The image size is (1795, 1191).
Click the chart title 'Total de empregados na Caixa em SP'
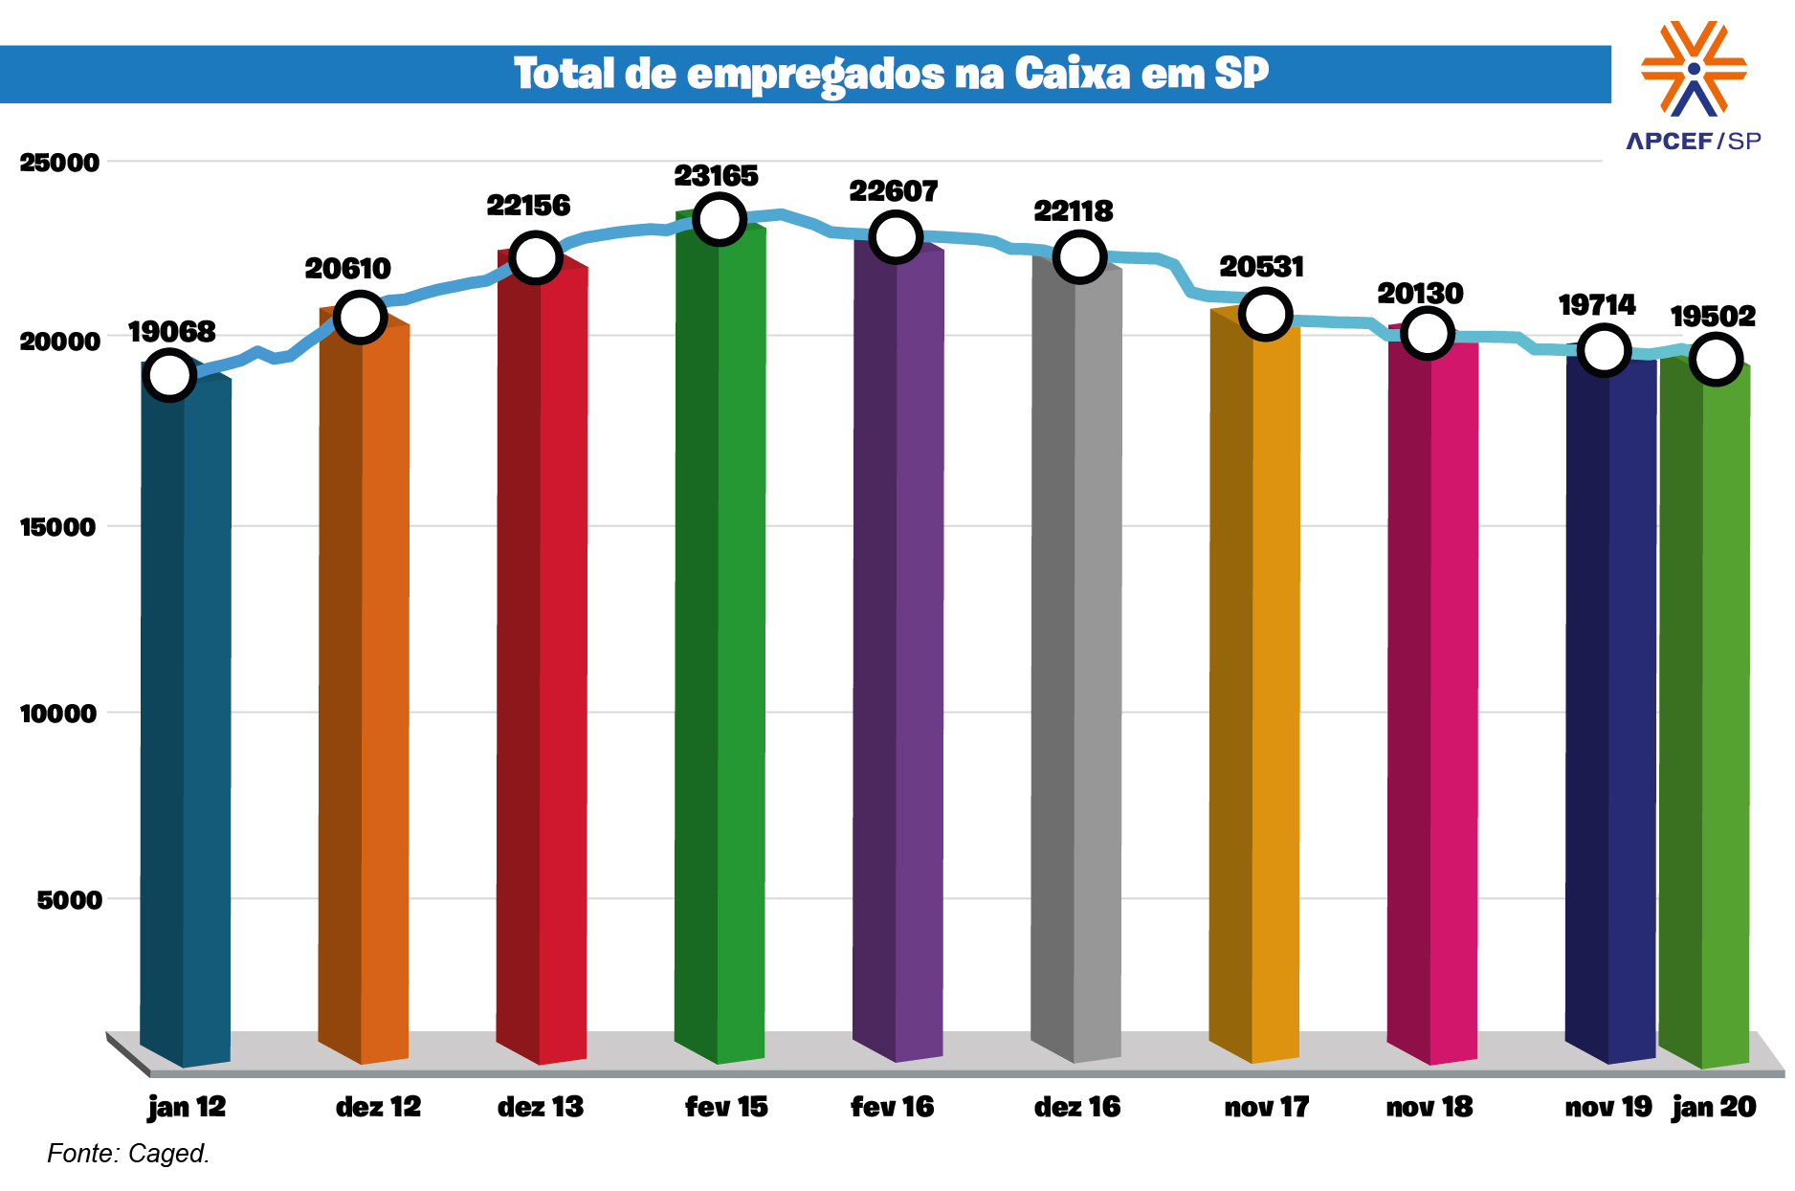pyautogui.click(x=891, y=74)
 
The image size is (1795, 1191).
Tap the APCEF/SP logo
pyautogui.click(x=1694, y=86)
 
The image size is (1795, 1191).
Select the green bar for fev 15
pyautogui.click(x=720, y=641)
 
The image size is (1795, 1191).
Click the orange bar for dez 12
pyautogui.click(x=364, y=689)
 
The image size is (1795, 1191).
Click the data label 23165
pyautogui.click(x=716, y=176)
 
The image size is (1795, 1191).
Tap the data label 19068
pyautogui.click(x=172, y=332)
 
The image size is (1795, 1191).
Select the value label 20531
pyautogui.click(x=1261, y=267)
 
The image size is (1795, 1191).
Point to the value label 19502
pyautogui.click(x=1713, y=317)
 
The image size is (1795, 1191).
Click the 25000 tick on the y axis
pyautogui.click(x=59, y=163)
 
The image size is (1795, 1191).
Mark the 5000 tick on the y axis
pyautogui.click(x=69, y=900)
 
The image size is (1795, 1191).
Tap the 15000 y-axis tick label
pyautogui.click(x=59, y=527)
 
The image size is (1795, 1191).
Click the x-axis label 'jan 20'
pyautogui.click(x=1714, y=1107)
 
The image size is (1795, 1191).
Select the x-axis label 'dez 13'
pyautogui.click(x=541, y=1107)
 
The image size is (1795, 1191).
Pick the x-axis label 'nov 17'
pyautogui.click(x=1266, y=1107)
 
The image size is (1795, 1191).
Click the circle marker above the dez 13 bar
pyautogui.click(x=535, y=257)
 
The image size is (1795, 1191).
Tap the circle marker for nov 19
pyautogui.click(x=1605, y=350)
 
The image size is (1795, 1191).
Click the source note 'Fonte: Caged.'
pyautogui.click(x=128, y=1154)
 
